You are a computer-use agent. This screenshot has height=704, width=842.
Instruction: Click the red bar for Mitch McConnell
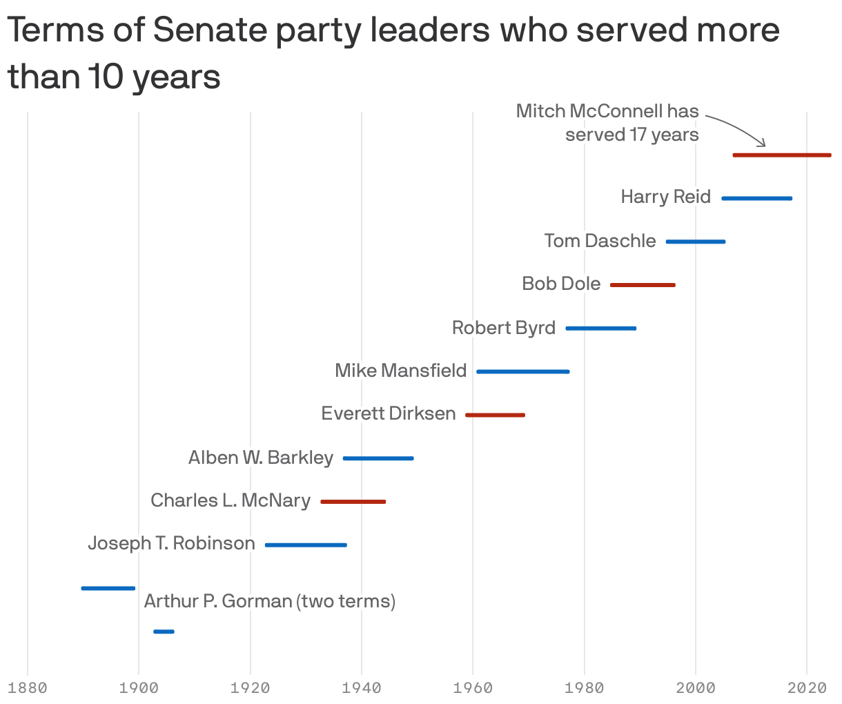pyautogui.click(x=781, y=155)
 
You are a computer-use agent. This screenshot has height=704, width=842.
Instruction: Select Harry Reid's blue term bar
pyautogui.click(x=756, y=199)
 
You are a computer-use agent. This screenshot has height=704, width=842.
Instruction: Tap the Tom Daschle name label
pyautogui.click(x=600, y=241)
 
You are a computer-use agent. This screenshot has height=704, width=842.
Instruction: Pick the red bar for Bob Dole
pyautogui.click(x=643, y=285)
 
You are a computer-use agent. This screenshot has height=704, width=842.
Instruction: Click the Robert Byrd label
pyautogui.click(x=503, y=328)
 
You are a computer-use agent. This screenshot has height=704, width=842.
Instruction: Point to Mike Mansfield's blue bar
pyautogui.click(x=523, y=372)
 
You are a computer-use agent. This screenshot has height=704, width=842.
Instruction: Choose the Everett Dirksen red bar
pyautogui.click(x=495, y=415)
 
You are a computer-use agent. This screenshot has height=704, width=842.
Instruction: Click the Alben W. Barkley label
pyautogui.click(x=261, y=458)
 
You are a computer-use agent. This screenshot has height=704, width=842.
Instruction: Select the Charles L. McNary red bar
pyautogui.click(x=353, y=502)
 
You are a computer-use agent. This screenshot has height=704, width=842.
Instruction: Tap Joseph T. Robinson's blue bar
pyautogui.click(x=306, y=545)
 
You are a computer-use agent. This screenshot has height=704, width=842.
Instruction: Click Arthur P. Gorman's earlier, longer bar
pyautogui.click(x=108, y=588)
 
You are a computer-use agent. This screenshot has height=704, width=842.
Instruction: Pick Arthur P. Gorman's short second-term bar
pyautogui.click(x=164, y=632)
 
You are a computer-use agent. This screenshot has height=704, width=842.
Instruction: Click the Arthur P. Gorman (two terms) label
pyautogui.click(x=270, y=601)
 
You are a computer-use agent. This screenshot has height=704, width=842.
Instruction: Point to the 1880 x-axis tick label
pyautogui.click(x=28, y=688)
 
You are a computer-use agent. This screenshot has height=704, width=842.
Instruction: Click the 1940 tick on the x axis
pyautogui.click(x=362, y=688)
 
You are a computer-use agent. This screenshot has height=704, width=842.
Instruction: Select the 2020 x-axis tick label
pyautogui.click(x=807, y=688)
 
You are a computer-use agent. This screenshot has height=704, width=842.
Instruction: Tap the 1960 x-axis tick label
pyautogui.click(x=473, y=688)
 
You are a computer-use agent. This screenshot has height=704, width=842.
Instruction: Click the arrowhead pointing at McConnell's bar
pyautogui.click(x=763, y=144)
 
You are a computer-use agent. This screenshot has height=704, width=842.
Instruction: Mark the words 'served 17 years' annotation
pyautogui.click(x=631, y=135)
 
